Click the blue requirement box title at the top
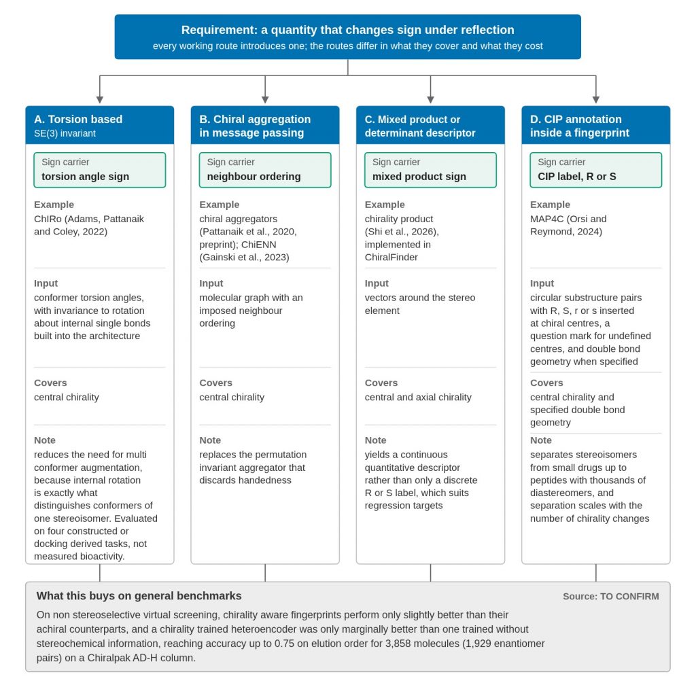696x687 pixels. [x=347, y=30]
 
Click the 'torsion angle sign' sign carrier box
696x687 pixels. [x=99, y=170]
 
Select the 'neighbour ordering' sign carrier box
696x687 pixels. [x=265, y=170]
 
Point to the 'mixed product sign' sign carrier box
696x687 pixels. [x=430, y=170]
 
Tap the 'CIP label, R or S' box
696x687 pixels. [x=595, y=170]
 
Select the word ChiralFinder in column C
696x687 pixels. [x=391, y=258]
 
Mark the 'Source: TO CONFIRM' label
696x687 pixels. [x=611, y=597]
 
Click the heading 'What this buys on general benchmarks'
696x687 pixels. [x=139, y=595]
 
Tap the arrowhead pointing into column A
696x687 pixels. [x=100, y=100]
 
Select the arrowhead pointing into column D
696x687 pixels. [x=595, y=100]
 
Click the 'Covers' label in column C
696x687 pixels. [x=381, y=383]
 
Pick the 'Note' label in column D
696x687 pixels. [x=540, y=440]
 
